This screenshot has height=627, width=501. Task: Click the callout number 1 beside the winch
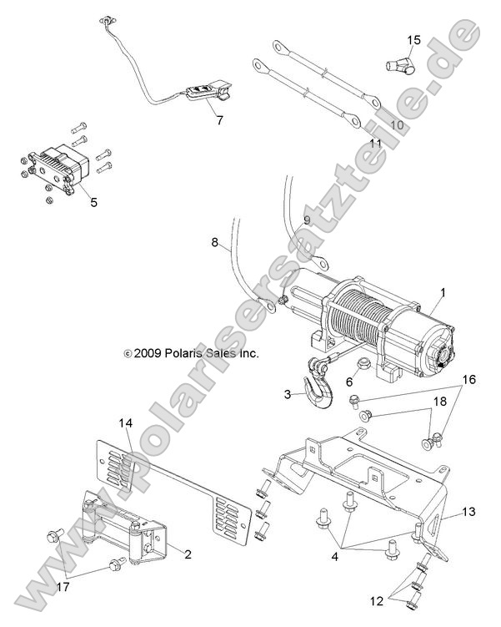click(443, 293)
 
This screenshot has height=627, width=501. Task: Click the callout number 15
click(414, 39)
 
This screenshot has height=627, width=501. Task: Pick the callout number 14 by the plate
click(125, 424)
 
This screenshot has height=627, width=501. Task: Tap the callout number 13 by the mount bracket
click(468, 512)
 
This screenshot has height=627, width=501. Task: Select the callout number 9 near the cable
click(307, 220)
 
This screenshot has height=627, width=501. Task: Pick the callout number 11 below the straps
click(375, 144)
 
